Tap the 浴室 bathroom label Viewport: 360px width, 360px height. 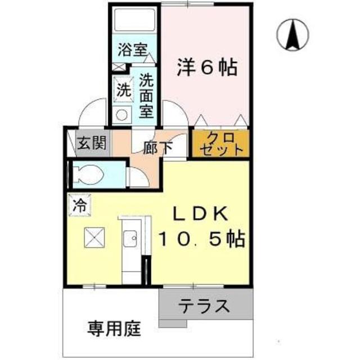(132, 49)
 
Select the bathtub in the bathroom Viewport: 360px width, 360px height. (134, 22)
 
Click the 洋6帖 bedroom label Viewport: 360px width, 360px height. (208, 67)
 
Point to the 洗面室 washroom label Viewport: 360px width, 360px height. (146, 95)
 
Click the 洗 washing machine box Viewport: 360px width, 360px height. (122, 88)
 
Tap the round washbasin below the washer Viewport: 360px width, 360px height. (122, 114)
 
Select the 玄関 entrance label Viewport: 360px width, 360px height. (91, 143)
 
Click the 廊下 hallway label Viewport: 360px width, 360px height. (157, 147)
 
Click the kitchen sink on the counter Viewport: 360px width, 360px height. (130, 241)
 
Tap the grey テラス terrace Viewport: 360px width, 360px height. (204, 307)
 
